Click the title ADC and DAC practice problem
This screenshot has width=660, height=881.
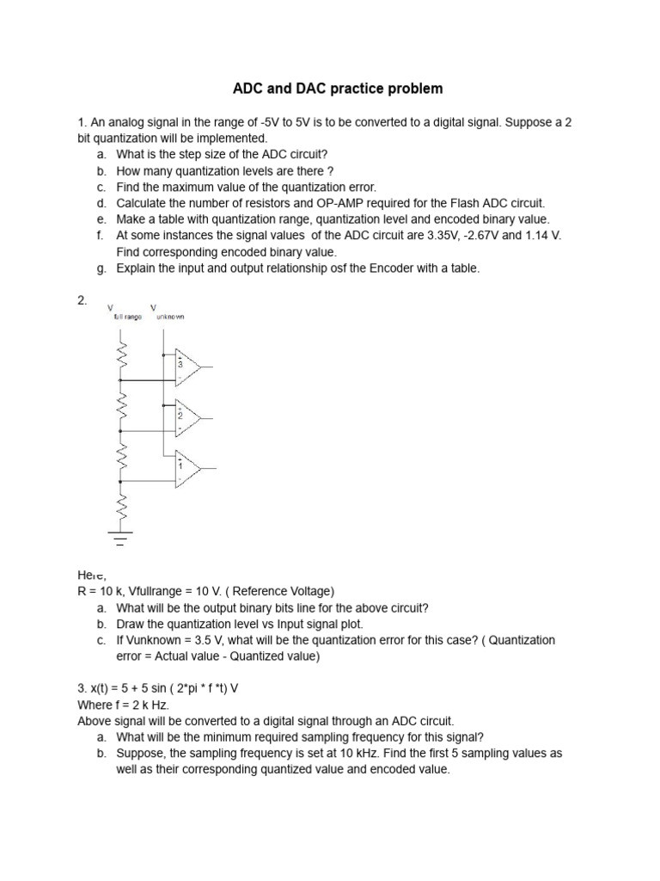coord(339,89)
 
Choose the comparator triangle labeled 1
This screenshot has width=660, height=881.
coord(186,468)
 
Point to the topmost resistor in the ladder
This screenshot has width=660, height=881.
coord(121,354)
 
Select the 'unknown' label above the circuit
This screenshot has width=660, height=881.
coord(169,317)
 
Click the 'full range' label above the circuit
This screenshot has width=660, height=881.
coord(127,317)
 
